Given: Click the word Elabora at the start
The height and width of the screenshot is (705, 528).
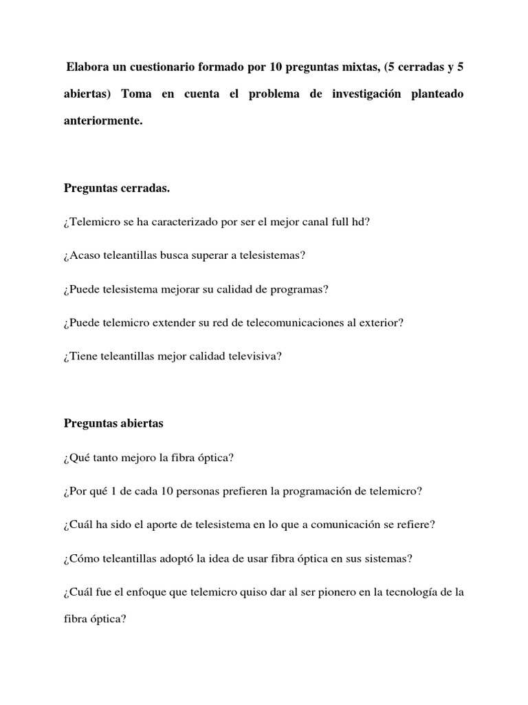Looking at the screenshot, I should point(87,67).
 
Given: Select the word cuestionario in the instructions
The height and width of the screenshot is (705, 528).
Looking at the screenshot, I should point(161,67).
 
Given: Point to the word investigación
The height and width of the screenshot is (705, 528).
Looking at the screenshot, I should point(368,94).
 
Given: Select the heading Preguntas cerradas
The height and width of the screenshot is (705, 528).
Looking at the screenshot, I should point(117,188).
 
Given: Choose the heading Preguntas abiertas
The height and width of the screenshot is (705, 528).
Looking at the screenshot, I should point(113,423).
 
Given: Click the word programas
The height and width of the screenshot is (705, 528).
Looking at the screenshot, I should point(298,289).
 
